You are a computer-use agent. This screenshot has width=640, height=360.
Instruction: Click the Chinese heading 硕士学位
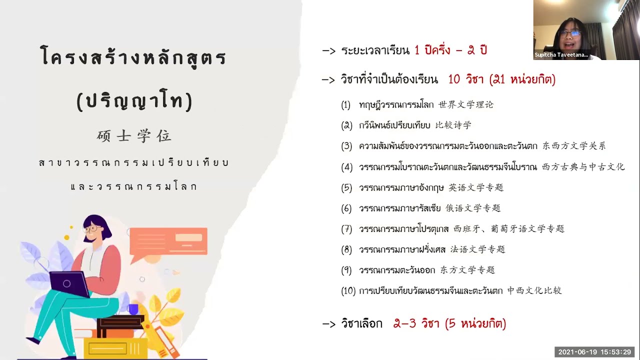pos(134,136)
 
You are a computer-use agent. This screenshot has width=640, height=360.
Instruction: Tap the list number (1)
pos(346,105)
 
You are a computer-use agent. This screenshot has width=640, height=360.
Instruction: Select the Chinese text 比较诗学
pos(453,125)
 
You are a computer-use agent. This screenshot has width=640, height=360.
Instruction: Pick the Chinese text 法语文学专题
pos(477,249)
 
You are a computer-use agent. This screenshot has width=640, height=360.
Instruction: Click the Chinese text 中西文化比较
pos(534,290)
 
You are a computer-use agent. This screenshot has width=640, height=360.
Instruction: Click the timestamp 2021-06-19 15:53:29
pos(594,352)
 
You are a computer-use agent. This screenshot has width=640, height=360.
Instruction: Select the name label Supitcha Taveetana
pos(561,55)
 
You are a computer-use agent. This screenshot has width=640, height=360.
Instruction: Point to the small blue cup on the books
pos(132,309)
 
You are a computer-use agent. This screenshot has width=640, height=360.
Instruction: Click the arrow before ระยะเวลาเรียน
pos(328,51)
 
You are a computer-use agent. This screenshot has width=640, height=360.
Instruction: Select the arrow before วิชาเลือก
pos(328,324)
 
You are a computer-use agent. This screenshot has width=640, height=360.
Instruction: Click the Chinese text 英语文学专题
pos(475,187)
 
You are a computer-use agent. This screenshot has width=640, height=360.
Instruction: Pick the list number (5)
pos(346,188)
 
